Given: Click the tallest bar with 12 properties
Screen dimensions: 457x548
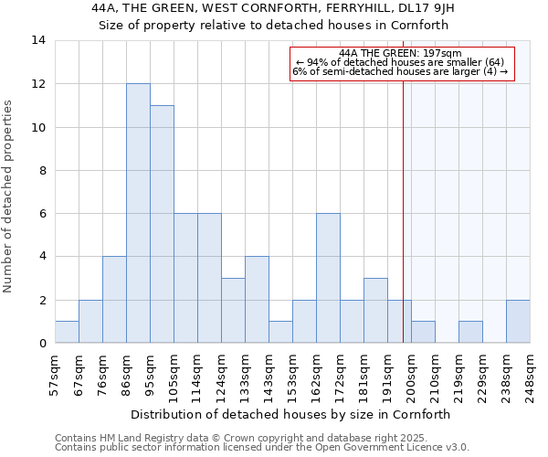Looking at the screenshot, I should pyautogui.click(x=138, y=214).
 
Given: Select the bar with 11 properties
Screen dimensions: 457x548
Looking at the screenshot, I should pyautogui.click(x=162, y=225).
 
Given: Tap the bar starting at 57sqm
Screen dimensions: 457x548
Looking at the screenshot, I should pyautogui.click(x=67, y=333).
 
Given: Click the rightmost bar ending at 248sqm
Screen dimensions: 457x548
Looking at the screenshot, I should pyautogui.click(x=518, y=322).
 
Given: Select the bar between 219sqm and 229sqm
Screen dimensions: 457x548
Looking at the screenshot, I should pyautogui.click(x=470, y=333).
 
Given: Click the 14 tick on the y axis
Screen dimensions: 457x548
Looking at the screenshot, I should pyautogui.click(x=38, y=40).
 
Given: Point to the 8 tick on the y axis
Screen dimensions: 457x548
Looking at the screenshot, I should pyautogui.click(x=42, y=170).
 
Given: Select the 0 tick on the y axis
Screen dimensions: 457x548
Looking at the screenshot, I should pyautogui.click(x=42, y=344).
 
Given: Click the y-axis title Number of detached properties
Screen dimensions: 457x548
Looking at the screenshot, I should pyautogui.click(x=9, y=197).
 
